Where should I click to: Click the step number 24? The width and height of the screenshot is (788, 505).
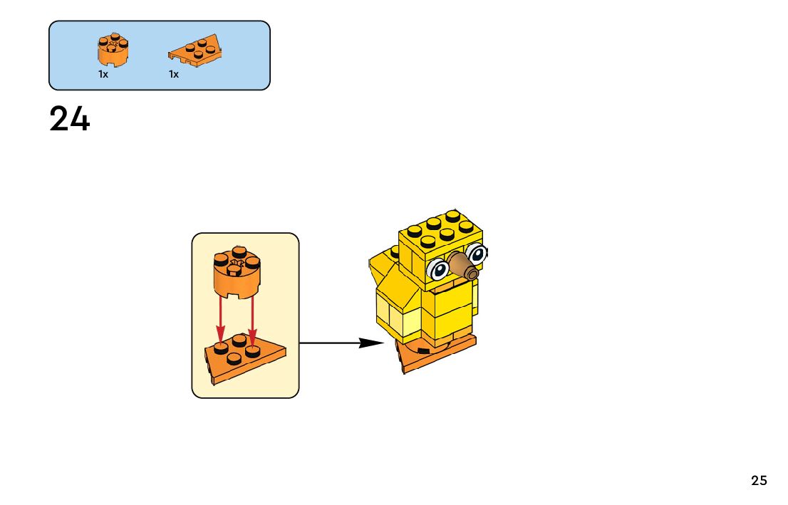(70, 120)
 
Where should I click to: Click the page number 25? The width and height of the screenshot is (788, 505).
(759, 481)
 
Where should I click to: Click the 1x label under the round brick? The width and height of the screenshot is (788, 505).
(103, 74)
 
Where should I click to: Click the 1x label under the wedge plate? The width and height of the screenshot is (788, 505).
(174, 74)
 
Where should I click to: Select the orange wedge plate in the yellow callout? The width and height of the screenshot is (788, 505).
(244, 360)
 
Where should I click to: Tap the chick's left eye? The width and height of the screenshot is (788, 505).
(439, 269)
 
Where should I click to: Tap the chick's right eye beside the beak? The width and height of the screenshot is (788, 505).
(477, 252)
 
